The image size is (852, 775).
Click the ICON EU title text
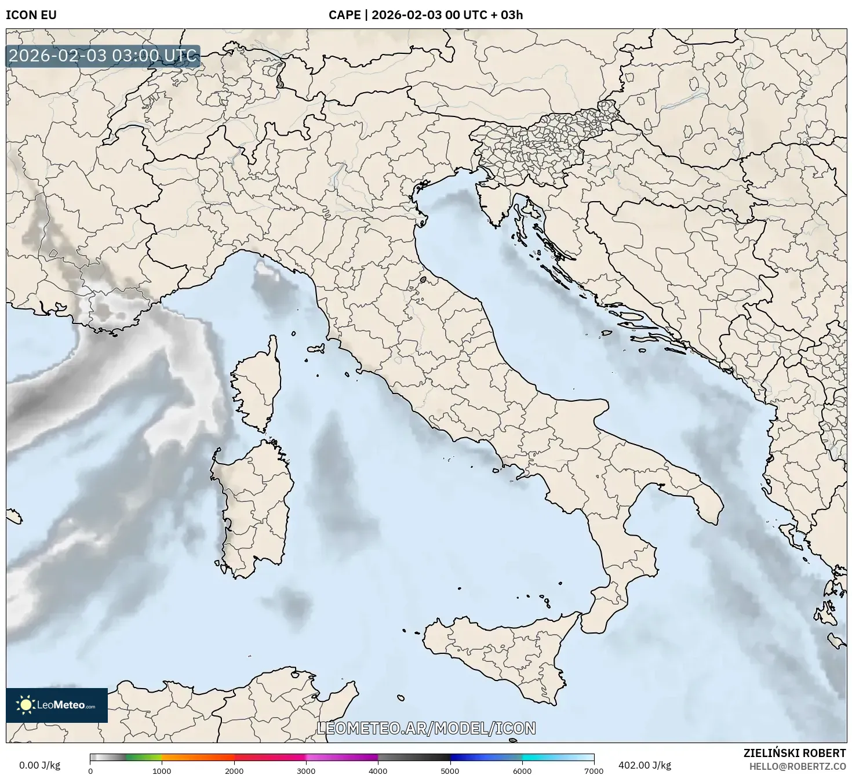[31, 15]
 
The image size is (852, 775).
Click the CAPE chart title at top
[425, 15]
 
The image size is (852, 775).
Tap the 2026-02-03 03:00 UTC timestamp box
[103, 56]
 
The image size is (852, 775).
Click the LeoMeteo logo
[57, 705]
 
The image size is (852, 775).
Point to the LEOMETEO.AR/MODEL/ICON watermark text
[426, 728]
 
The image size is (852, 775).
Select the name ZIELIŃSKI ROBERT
[795, 753]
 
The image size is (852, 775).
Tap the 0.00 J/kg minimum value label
[39, 765]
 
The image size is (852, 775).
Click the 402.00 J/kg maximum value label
[645, 765]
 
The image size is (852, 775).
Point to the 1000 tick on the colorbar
[162, 770]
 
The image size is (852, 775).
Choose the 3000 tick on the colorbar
[306, 770]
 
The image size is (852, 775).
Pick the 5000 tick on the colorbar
[450, 770]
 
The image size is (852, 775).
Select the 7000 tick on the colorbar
[594, 770]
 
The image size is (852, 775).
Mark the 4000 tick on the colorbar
[378, 770]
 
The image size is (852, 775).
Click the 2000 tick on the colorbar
[234, 770]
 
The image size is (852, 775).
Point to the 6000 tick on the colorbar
[522, 770]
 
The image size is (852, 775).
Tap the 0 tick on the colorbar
[90, 770]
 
